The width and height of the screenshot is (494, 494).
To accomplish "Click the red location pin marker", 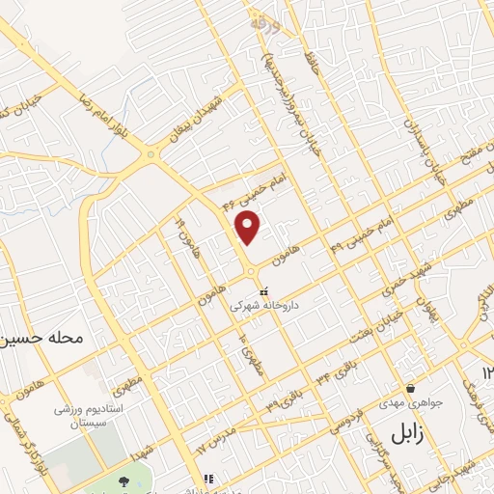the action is (x=249, y=227).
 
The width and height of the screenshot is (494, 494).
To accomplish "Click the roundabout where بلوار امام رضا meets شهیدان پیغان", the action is (x=151, y=155).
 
